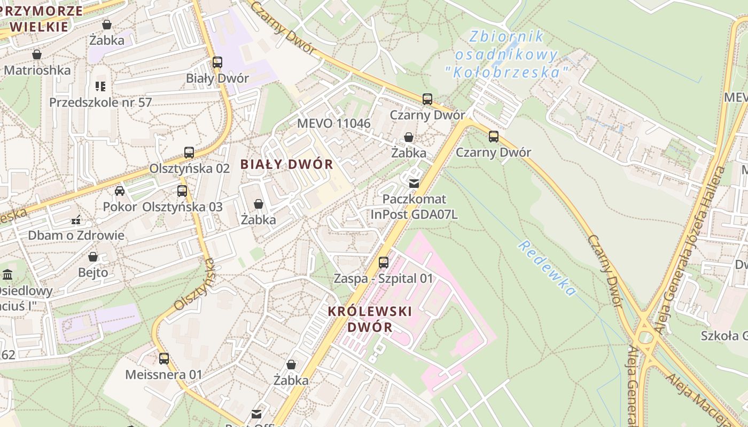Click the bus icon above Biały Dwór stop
[217, 62]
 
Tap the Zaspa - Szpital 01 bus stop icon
[384, 262]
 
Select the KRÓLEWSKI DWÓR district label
[370, 319]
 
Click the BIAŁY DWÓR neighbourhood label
[287, 164]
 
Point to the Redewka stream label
[548, 268]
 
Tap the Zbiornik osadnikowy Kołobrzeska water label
[505, 54]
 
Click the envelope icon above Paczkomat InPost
[414, 184]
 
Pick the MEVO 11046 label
[333, 123]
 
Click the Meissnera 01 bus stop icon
[164, 359]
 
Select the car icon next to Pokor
[120, 191]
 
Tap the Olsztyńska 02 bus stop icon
[189, 153]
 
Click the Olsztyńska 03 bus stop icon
[182, 191]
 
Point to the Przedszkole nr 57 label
[100, 102]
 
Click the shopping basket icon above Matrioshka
[37, 54]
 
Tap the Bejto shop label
[93, 272]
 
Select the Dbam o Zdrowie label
[76, 235]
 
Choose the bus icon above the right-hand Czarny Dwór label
[493, 137]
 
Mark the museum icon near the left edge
[7, 275]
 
